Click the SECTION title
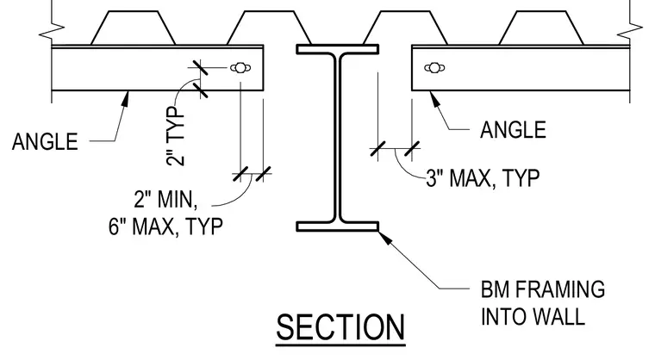[340, 327]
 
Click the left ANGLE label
[45, 141]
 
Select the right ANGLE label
[513, 130]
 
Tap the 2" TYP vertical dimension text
[176, 137]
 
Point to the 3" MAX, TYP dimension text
[483, 178]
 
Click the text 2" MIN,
[165, 199]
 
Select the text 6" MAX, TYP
[165, 227]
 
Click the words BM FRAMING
[543, 289]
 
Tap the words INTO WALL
[533, 317]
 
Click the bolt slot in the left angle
[240, 67]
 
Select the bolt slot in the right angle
[434, 67]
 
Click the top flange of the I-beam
[338, 49]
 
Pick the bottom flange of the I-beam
[338, 227]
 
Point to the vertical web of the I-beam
[338, 138]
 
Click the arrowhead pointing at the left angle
[124, 99]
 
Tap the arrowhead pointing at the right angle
[434, 98]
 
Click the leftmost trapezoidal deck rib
[133, 28]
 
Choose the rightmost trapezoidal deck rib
[541, 28]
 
